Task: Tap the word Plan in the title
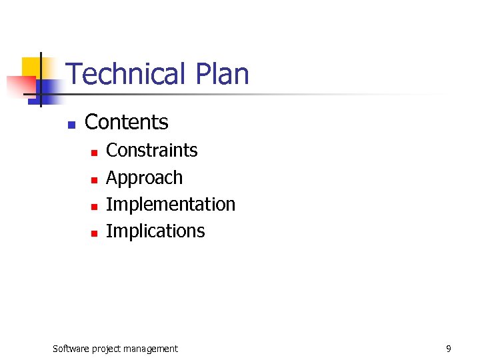pyautogui.click(x=223, y=74)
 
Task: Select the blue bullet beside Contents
pyautogui.click(x=72, y=124)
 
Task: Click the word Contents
pyautogui.click(x=127, y=122)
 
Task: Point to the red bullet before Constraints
pyautogui.click(x=95, y=153)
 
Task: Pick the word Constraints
pyautogui.click(x=152, y=151)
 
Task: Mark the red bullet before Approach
pyautogui.click(x=95, y=180)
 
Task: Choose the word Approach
pyautogui.click(x=144, y=178)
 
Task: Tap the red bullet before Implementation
pyautogui.click(x=95, y=206)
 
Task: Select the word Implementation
pyautogui.click(x=171, y=204)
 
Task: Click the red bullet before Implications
pyautogui.click(x=95, y=233)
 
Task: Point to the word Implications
pyautogui.click(x=155, y=231)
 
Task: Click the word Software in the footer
pyautogui.click(x=72, y=349)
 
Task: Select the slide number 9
pyautogui.click(x=449, y=349)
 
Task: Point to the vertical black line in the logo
pyautogui.click(x=41, y=80)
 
